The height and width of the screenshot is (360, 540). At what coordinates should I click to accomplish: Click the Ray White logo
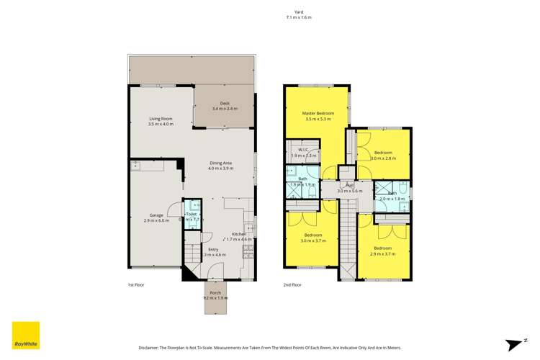pyautogui.click(x=24, y=336)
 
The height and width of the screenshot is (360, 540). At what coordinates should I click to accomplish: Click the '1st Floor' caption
pyautogui.click(x=136, y=284)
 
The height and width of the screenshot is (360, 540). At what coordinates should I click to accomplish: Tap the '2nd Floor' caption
pyautogui.click(x=292, y=284)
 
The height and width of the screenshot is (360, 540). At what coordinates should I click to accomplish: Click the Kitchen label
pyautogui.click(x=239, y=234)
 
